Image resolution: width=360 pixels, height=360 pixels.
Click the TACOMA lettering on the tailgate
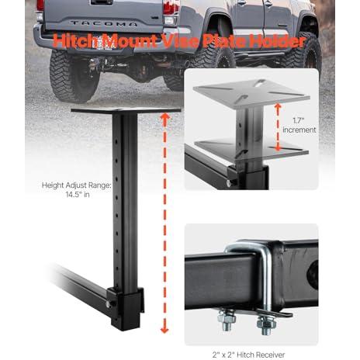104,23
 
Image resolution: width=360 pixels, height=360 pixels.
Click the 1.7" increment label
299,125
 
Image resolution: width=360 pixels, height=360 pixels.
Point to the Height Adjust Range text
77,185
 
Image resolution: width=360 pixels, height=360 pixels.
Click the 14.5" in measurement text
78,195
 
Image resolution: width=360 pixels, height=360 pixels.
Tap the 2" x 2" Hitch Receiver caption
248,355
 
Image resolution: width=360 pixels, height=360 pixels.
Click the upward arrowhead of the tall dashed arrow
165,117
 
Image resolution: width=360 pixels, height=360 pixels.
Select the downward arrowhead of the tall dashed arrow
164,329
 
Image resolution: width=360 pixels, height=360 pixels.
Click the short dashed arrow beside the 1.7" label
278,127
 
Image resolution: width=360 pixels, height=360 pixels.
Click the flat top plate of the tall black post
126,111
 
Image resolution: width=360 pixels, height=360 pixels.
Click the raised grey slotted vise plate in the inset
251,93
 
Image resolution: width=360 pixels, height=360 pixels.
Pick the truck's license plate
102,43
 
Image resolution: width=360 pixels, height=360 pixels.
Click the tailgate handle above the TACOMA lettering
102,2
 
